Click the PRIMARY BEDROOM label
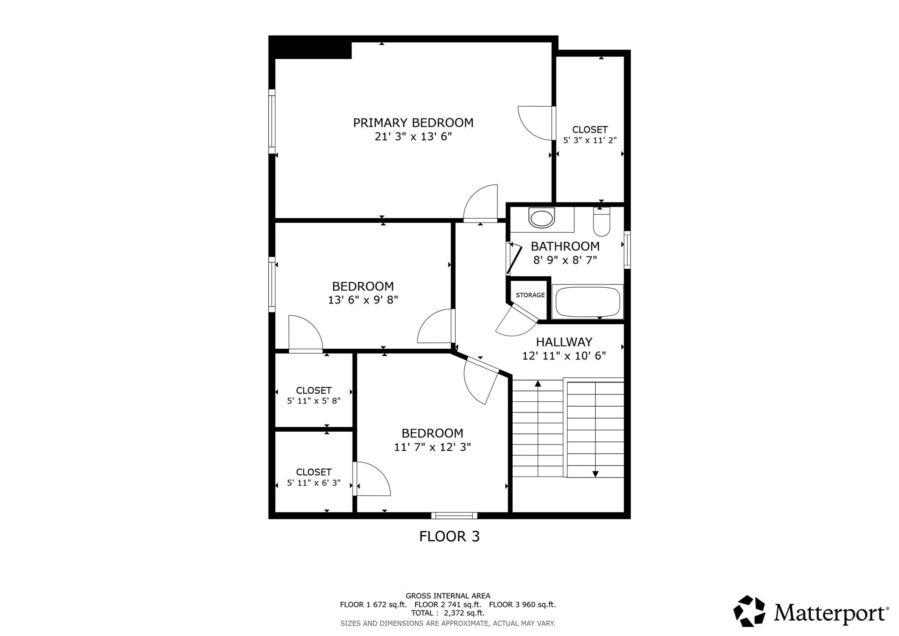[413, 123]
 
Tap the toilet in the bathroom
[601, 222]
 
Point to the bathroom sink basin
[542, 218]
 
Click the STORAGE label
[530, 295]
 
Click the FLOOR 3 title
[449, 536]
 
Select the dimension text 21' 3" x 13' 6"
[413, 137]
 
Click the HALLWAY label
[564, 342]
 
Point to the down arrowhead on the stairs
[595, 474]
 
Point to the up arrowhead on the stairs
[538, 383]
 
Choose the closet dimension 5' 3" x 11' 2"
[590, 141]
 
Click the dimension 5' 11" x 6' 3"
[313, 483]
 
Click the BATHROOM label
[565, 246]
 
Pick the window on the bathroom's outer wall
[627, 250]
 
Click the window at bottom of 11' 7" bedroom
[454, 515]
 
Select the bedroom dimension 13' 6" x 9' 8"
[363, 300]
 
